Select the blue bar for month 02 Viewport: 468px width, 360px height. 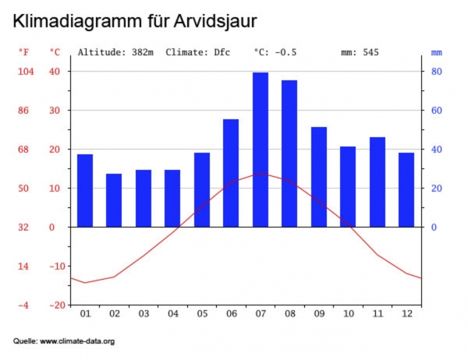pyautogui.click(x=114, y=200)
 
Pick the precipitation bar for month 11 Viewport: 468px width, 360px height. pyautogui.click(x=377, y=182)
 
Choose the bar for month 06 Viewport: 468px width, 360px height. pyautogui.click(x=231, y=173)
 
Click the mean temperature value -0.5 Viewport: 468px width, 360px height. pyautogui.click(x=286, y=52)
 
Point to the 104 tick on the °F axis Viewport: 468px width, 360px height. pyautogui.click(x=26, y=72)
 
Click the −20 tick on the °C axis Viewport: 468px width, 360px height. pyautogui.click(x=56, y=305)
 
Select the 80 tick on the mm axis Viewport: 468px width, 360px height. pyautogui.click(x=438, y=72)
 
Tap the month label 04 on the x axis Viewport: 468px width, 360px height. pyautogui.click(x=172, y=314)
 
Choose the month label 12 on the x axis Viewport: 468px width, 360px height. pyautogui.click(x=406, y=314)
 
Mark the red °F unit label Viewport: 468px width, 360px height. pyautogui.click(x=24, y=52)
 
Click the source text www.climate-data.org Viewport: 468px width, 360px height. pyautogui.click(x=77, y=341)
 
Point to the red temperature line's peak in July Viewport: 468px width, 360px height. pyautogui.click(x=261, y=173)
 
